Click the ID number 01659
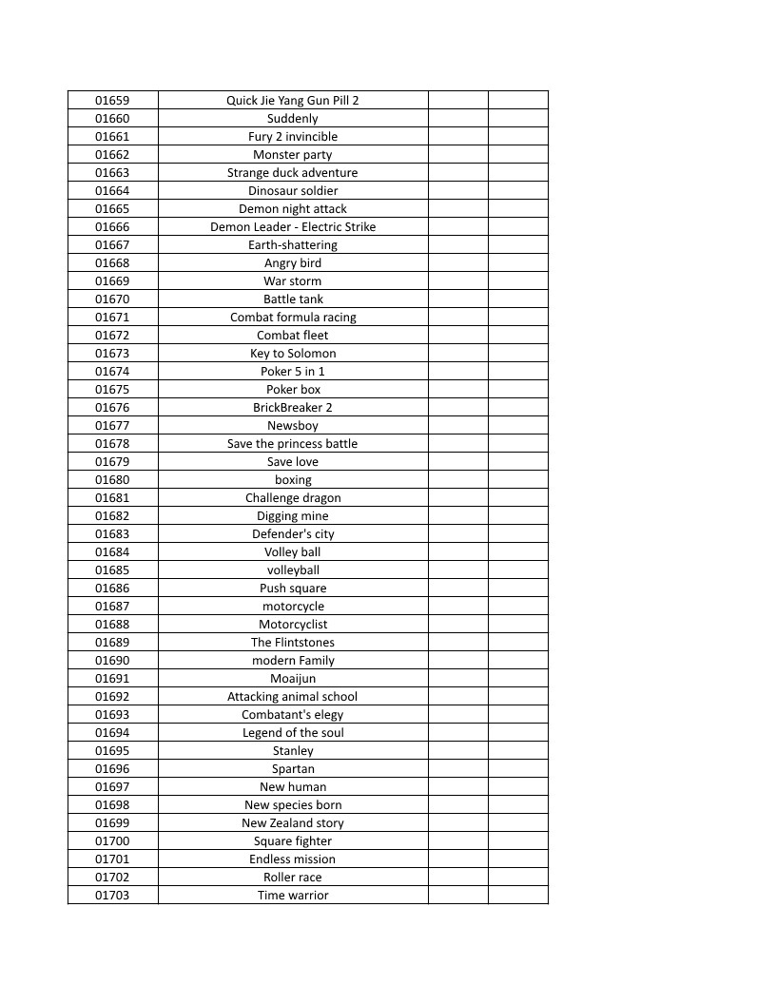(112, 100)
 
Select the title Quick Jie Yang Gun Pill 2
(293, 100)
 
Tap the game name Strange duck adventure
(293, 172)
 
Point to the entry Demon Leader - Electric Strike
(293, 226)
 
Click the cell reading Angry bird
(293, 262)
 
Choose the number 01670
(112, 299)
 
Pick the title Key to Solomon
(293, 353)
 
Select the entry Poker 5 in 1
(293, 371)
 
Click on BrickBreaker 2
(293, 407)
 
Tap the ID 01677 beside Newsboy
(112, 425)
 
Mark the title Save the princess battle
(293, 443)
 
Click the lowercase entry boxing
(293, 479)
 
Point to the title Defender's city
(293, 533)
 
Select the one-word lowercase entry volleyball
(293, 570)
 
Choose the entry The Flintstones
(293, 642)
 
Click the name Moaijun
(293, 678)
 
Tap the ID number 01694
(112, 732)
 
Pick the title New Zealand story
(293, 822)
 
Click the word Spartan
(293, 768)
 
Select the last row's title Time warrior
(293, 895)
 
